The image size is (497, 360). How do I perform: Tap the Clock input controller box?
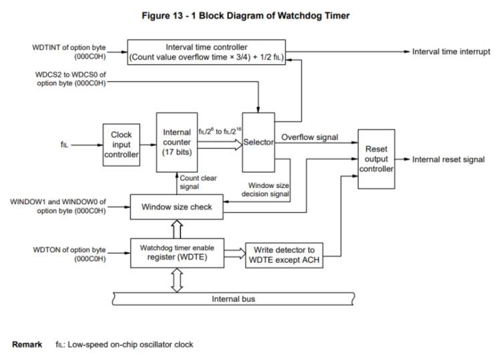[x=121, y=143]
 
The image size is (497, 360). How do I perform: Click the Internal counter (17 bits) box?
[x=177, y=142]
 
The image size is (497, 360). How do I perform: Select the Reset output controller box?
[x=377, y=160]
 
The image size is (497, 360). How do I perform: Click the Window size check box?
[x=177, y=207]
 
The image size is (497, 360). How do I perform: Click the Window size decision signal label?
[x=268, y=189]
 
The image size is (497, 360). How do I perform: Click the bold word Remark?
[x=27, y=345]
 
